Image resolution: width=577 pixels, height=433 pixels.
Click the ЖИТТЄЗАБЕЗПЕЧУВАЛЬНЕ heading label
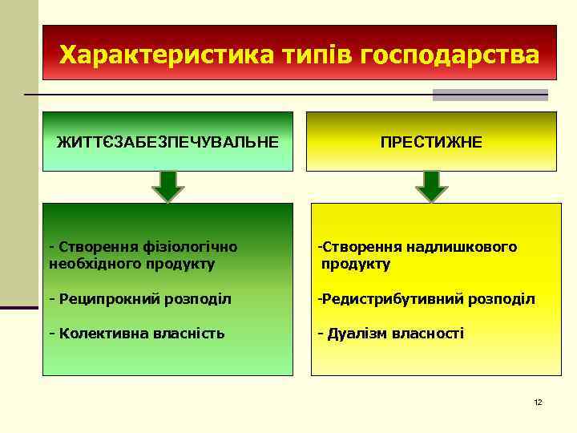coord(168,142)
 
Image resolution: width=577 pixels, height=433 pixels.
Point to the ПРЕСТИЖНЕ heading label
coord(431,142)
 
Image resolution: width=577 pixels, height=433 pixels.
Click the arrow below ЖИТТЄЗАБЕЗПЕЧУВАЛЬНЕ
coord(168,185)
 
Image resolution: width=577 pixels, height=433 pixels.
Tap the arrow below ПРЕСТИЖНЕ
coord(432,185)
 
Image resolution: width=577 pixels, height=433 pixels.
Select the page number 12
coord(538,402)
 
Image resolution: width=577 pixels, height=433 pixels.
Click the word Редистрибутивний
coord(385,299)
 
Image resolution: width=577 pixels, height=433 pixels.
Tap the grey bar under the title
coord(490,95)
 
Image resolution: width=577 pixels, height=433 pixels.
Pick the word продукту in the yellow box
coord(356,264)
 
